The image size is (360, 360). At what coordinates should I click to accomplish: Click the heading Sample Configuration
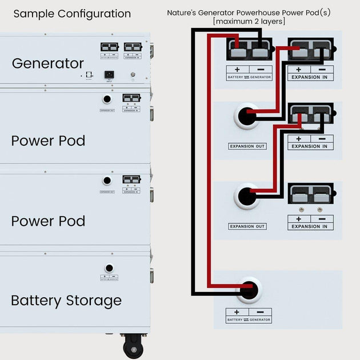[72, 14]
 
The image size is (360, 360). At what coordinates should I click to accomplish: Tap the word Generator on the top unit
[48, 63]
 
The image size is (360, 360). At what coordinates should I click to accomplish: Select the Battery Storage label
[66, 301]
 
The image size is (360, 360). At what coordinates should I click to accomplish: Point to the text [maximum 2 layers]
[249, 21]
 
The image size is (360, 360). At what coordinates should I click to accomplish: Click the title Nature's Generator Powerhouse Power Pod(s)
[249, 12]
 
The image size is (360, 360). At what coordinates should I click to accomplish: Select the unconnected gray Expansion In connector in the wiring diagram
[310, 196]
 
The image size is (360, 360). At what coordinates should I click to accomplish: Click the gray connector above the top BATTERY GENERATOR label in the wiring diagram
[249, 52]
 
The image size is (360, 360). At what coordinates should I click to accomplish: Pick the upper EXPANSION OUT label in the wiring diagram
[247, 146]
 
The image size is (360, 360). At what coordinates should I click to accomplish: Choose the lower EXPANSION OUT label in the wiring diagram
[247, 226]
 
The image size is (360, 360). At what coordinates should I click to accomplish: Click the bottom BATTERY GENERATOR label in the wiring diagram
[249, 320]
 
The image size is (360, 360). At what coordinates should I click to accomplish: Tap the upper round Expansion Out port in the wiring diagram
[247, 117]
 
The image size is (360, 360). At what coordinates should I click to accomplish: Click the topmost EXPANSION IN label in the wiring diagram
[310, 77]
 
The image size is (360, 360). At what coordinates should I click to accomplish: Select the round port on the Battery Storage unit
[109, 268]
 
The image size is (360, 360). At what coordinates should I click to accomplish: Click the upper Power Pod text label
[48, 141]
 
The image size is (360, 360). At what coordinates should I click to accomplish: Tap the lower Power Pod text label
[48, 221]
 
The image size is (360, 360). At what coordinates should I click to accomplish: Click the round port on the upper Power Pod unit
[107, 99]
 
